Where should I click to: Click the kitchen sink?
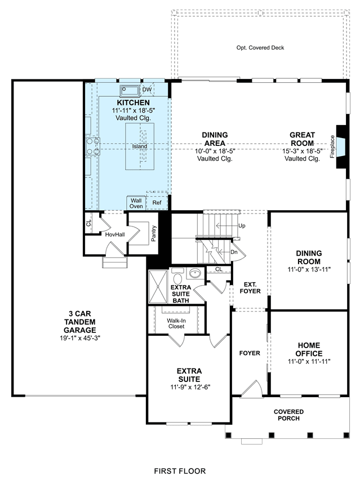point(130,91)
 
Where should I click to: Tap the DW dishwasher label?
point(147,90)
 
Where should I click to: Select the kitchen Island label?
point(140,146)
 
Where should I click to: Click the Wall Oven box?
point(136,203)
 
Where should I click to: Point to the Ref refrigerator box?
point(157,203)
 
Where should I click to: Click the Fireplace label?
point(332,146)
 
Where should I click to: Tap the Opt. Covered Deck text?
point(260,48)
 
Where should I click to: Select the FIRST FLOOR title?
point(180,471)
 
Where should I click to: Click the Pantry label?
point(154,233)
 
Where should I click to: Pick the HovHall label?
point(115,235)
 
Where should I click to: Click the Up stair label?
point(242,226)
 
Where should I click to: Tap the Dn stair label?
point(234,252)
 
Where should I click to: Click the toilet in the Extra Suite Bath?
point(177,274)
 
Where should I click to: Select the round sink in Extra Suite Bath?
point(195,273)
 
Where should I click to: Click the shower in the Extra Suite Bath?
point(158,287)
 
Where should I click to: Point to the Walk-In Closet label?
point(176,323)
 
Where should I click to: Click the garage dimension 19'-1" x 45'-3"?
point(80,338)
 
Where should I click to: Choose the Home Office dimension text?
point(309,362)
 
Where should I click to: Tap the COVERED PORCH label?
point(288,415)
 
